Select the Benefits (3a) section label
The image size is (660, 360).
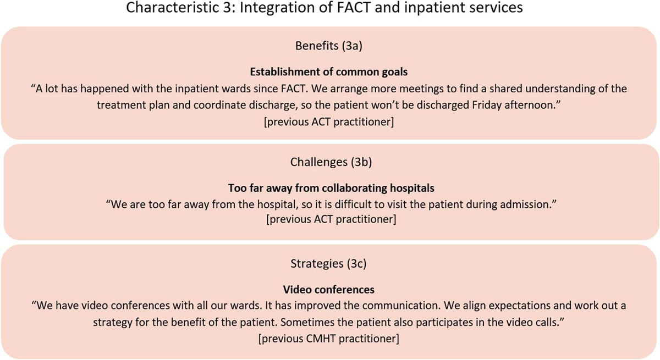click(x=329, y=46)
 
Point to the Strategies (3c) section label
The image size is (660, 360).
click(x=329, y=264)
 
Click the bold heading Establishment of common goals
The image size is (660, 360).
click(x=329, y=72)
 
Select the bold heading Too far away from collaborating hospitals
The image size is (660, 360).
click(x=329, y=188)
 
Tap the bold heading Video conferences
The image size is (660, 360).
click(x=329, y=289)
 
